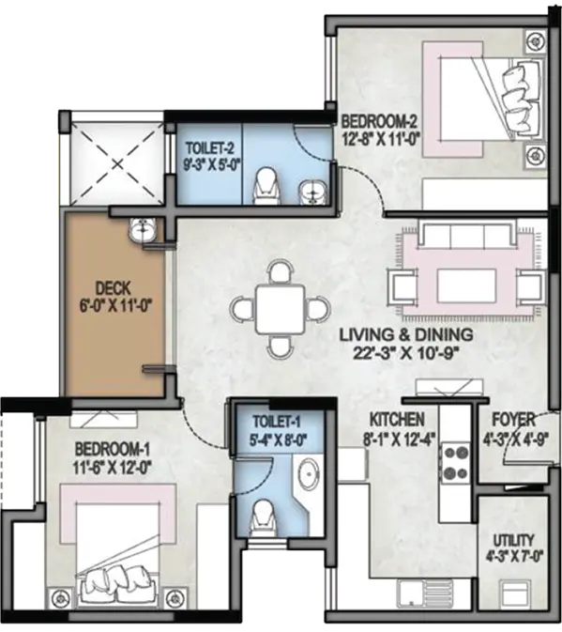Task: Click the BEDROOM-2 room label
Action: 379,121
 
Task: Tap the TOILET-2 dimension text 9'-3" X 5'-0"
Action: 209,165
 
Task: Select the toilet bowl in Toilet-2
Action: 266,185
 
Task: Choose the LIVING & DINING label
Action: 406,334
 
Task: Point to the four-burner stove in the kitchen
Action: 456,461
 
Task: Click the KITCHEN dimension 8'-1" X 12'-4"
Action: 400,439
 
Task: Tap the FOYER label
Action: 514,420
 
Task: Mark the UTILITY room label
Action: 514,539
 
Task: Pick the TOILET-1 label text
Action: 277,422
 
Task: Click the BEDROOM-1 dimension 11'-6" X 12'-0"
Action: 112,468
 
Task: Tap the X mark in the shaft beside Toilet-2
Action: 117,163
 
